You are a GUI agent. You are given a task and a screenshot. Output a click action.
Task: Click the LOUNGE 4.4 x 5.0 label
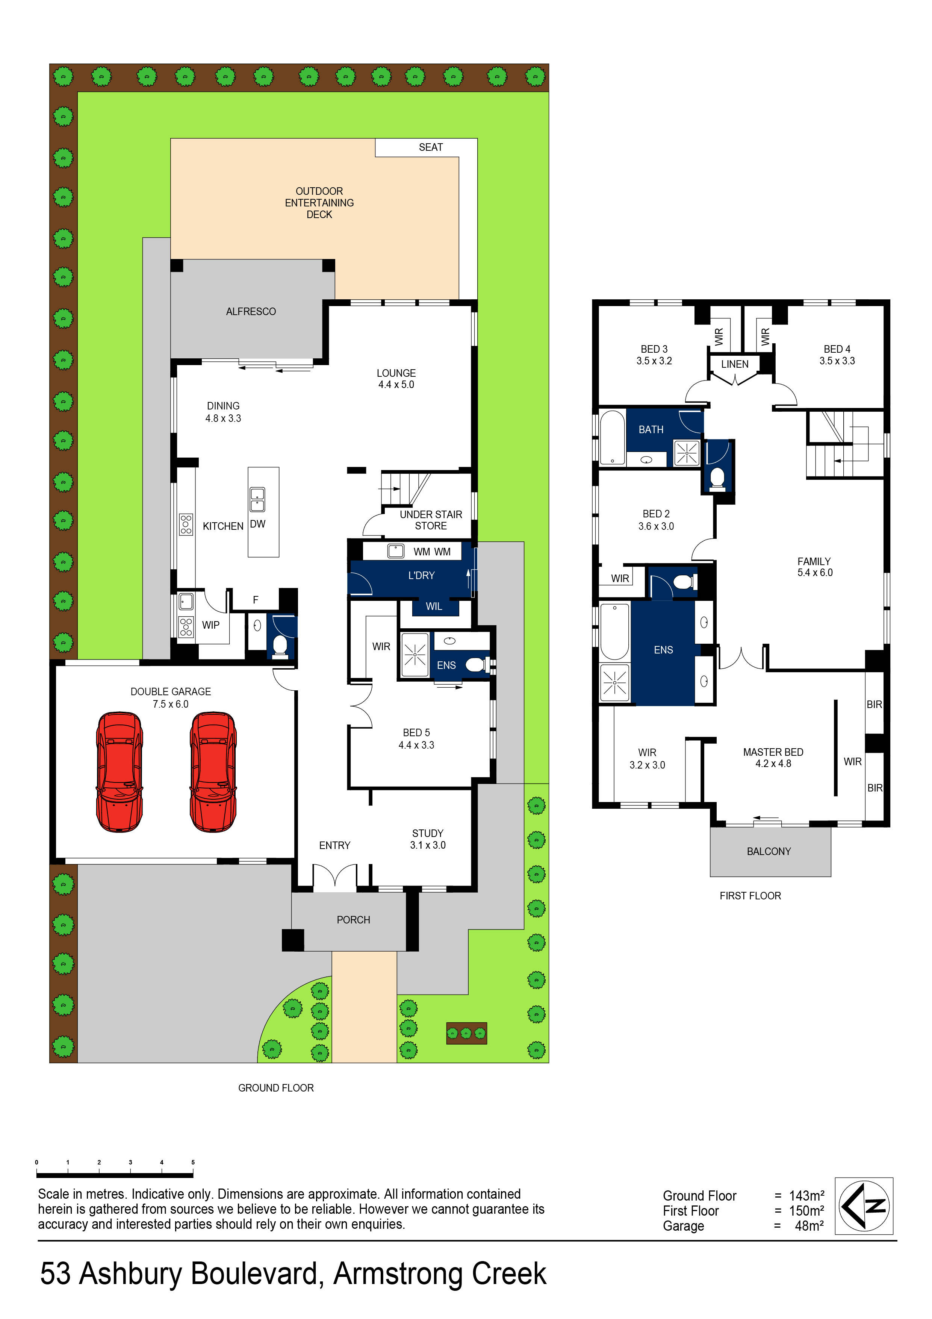396,379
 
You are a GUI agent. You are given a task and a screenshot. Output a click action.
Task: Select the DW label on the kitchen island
257,524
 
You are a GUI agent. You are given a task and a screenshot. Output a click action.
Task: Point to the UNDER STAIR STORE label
431,520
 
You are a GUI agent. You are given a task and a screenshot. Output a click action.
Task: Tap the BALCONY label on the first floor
769,851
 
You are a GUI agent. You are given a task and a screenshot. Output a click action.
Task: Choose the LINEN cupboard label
734,364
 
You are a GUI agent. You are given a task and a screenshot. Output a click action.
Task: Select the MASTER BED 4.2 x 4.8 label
773,758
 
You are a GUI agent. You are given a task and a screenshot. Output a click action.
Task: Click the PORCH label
353,920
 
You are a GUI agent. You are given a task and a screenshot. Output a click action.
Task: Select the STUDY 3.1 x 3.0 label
427,839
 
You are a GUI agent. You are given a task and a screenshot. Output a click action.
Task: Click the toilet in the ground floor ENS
475,665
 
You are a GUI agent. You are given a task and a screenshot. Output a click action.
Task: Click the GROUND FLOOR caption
275,1088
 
